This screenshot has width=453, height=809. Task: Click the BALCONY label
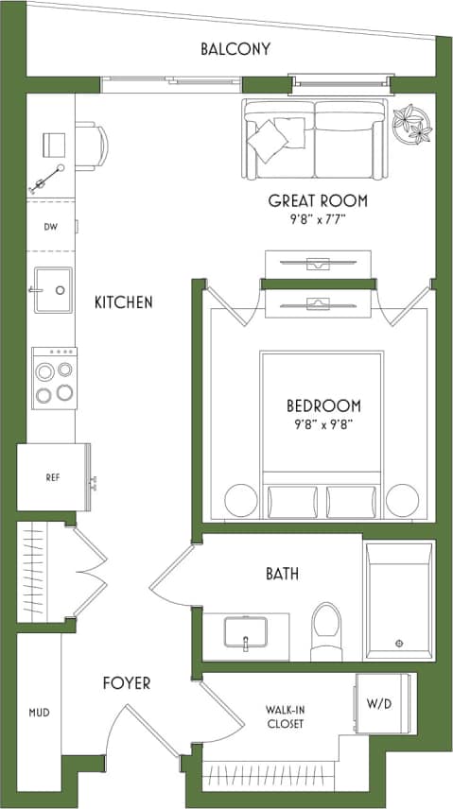click(x=235, y=49)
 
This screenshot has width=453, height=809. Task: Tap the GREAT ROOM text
click(x=318, y=201)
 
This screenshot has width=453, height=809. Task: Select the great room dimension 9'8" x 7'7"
click(x=318, y=223)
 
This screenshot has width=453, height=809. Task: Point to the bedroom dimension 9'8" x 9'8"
click(x=323, y=426)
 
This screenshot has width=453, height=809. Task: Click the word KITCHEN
click(x=123, y=303)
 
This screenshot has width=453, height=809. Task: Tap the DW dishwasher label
click(x=50, y=227)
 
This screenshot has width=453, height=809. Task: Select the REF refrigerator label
click(x=53, y=477)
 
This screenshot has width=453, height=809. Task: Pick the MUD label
click(x=39, y=713)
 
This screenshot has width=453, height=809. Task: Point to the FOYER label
click(x=126, y=683)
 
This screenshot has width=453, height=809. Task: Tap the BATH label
click(x=282, y=575)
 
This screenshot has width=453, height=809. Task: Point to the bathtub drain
click(x=399, y=644)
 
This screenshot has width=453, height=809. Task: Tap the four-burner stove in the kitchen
click(x=54, y=377)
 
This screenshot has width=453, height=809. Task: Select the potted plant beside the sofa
click(x=412, y=124)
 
